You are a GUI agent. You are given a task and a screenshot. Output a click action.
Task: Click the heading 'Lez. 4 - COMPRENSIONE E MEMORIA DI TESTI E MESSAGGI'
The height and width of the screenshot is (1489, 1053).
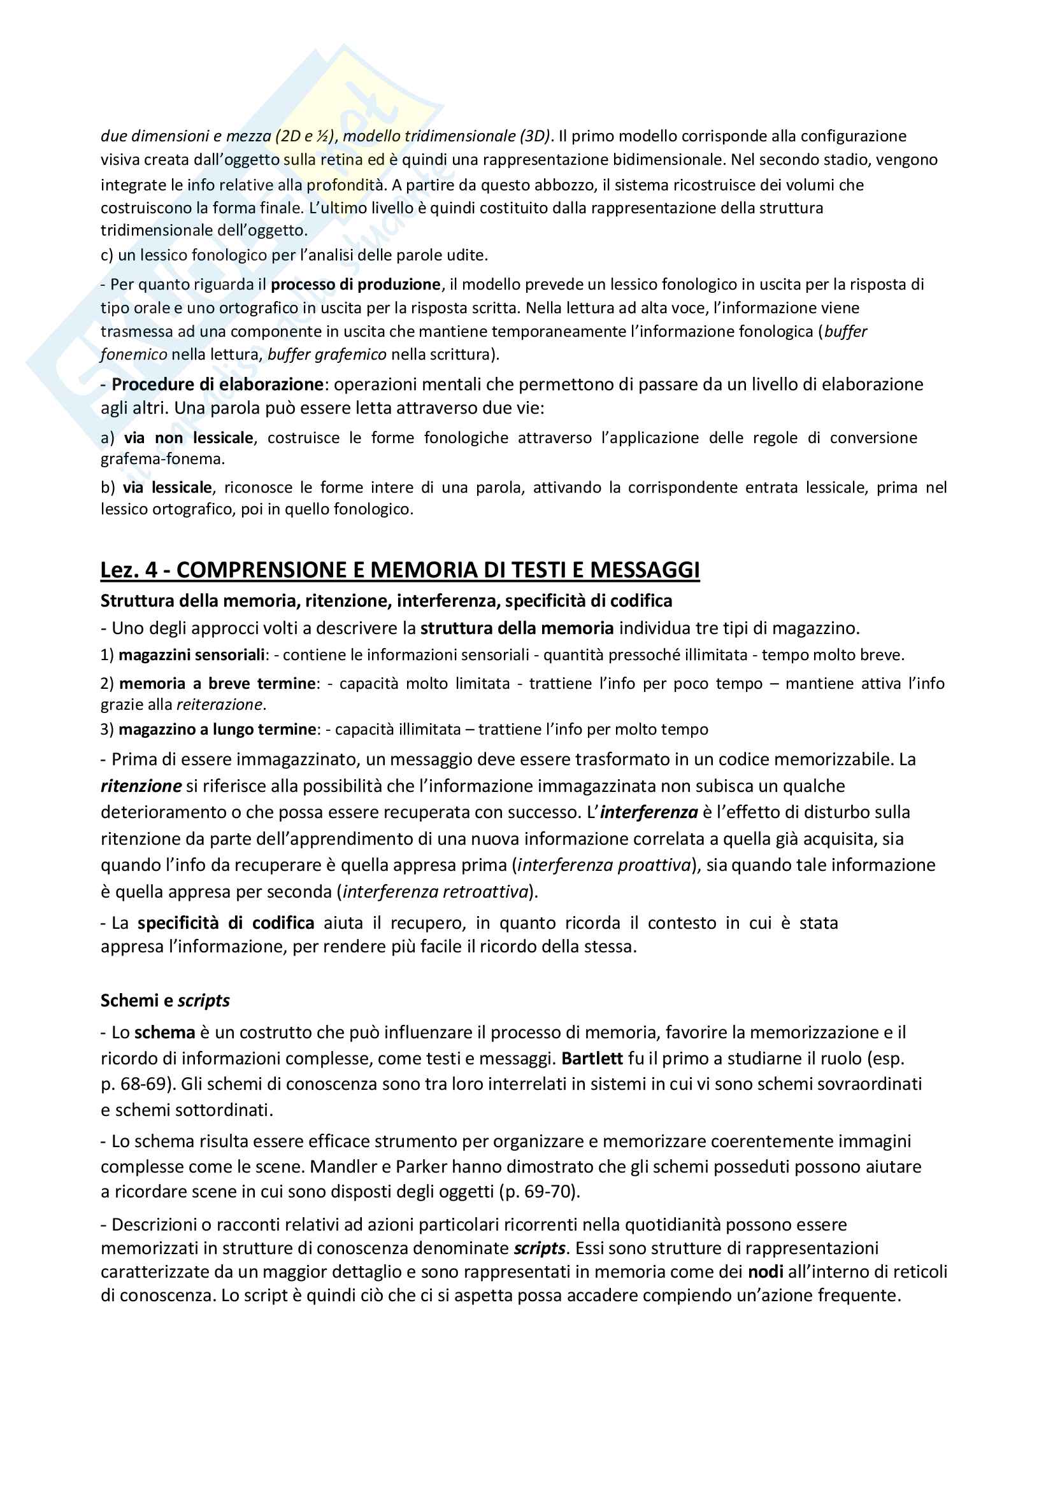(399, 570)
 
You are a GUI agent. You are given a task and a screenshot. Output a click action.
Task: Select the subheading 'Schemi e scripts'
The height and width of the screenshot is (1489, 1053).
(165, 1001)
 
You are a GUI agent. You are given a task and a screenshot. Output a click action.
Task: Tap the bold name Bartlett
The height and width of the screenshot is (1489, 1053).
(592, 1059)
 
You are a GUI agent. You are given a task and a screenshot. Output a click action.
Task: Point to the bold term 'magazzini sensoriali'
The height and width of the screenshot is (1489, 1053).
(191, 655)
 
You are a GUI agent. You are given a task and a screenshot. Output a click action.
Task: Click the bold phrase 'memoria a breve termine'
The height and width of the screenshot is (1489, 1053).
(217, 684)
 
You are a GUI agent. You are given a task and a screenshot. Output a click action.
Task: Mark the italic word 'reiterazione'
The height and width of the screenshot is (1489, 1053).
(220, 705)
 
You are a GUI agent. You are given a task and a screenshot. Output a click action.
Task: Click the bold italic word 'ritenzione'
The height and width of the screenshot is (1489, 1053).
(141, 787)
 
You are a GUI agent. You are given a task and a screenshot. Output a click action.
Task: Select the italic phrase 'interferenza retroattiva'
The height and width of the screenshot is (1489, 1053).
(435, 893)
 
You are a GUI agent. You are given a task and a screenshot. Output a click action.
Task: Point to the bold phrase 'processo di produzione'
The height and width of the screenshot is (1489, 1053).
(355, 285)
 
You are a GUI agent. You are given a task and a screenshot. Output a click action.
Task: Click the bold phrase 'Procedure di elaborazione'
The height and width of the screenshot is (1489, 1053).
(217, 385)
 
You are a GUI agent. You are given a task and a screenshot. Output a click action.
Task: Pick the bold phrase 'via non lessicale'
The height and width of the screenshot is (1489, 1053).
(188, 439)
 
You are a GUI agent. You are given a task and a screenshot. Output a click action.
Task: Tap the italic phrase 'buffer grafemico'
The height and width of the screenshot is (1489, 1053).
(327, 355)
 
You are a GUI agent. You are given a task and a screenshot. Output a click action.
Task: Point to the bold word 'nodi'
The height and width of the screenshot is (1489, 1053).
(766, 1272)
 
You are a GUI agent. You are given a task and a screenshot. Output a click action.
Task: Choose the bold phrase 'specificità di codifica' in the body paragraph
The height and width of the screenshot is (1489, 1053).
(226, 924)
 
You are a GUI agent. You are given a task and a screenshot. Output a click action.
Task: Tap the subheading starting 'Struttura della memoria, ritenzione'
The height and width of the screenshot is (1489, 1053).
(386, 601)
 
